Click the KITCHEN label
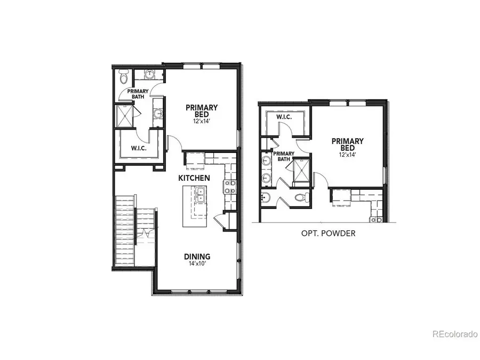(x=194, y=178)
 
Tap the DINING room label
(x=197, y=256)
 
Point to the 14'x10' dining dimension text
(x=197, y=264)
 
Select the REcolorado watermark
(x=454, y=334)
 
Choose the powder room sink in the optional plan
(x=267, y=198)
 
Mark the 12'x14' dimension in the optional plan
(x=347, y=154)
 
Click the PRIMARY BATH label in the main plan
(x=137, y=94)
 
